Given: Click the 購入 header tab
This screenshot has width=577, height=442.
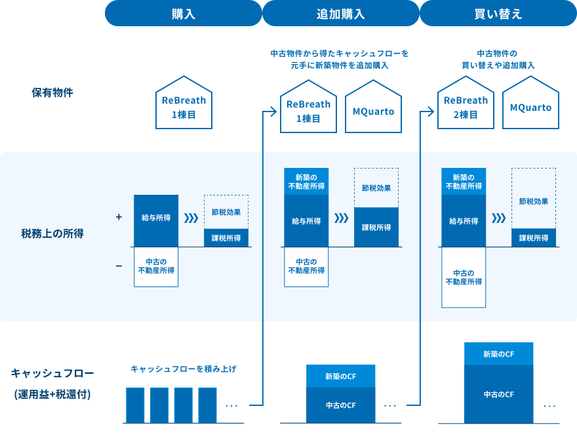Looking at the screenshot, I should (184, 13).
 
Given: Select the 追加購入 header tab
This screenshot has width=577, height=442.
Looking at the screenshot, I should (340, 13).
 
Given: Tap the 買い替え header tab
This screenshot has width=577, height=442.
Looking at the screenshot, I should (498, 13).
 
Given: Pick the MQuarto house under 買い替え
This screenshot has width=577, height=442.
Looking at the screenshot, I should (530, 107).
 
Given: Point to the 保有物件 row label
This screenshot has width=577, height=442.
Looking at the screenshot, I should (52, 92).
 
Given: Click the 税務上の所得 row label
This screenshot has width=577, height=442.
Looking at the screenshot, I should (52, 233).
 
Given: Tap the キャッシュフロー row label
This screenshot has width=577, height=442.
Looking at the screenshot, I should (52, 374).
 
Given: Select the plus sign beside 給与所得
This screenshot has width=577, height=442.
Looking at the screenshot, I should (119, 216).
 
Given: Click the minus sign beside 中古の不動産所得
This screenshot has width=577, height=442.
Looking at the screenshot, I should (119, 266).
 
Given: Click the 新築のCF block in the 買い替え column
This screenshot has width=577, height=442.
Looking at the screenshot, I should (499, 353).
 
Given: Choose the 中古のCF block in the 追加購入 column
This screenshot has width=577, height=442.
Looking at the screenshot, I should (341, 405).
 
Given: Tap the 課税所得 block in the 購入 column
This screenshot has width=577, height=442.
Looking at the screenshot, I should (226, 238).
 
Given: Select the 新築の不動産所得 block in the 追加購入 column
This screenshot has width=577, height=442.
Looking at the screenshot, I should (306, 182).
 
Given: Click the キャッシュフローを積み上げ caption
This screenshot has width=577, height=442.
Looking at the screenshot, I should (184, 369).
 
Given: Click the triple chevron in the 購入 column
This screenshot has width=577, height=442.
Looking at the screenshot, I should (191, 218).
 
